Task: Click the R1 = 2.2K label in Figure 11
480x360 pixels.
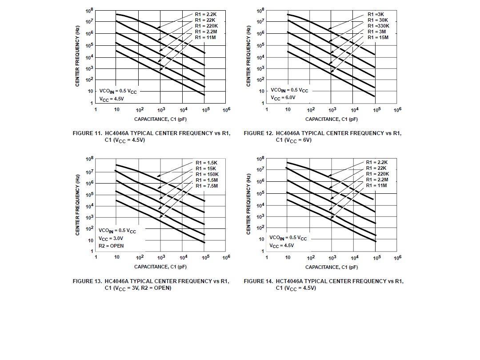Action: [x=205, y=15]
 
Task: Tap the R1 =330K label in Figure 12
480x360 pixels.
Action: [x=378, y=26]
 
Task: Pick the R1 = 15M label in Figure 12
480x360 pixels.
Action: [x=378, y=37]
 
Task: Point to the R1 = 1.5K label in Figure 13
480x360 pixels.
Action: [x=206, y=163]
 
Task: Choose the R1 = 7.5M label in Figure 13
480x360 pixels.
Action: [x=206, y=186]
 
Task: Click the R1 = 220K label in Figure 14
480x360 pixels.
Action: [x=377, y=174]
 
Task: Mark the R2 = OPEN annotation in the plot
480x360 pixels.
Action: [x=111, y=246]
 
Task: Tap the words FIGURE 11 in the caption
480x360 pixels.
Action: [x=87, y=133]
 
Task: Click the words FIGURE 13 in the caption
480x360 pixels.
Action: [x=87, y=281]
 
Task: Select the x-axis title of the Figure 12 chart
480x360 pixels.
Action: [x=331, y=119]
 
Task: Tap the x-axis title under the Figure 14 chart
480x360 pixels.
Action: [x=331, y=267]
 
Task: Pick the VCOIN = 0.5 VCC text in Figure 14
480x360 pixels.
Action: [x=288, y=238]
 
